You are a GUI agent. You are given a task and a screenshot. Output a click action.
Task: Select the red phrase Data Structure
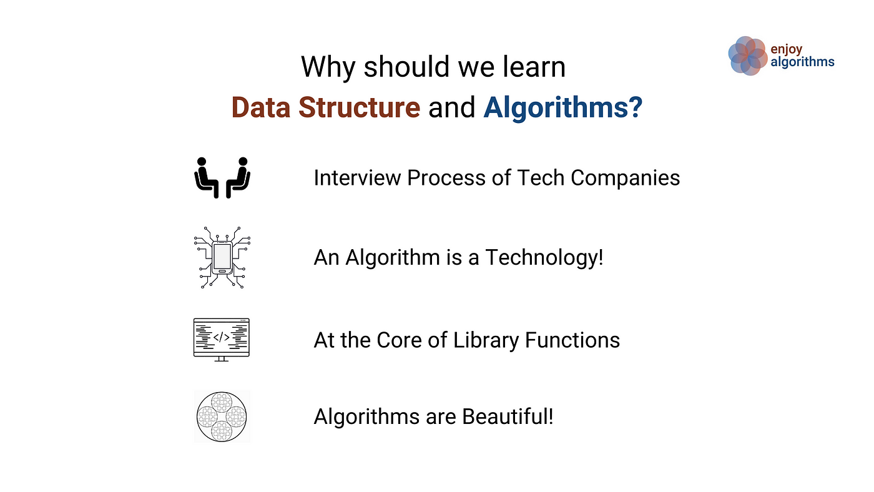click(326, 107)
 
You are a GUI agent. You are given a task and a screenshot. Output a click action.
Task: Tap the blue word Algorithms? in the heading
click(562, 109)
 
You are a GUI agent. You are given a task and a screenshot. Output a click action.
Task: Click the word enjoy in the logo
click(786, 49)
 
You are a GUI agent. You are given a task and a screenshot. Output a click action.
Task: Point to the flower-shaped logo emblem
click(748, 56)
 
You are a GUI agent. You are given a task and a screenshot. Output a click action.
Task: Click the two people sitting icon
click(222, 177)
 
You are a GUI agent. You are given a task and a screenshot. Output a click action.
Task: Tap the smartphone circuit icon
click(222, 257)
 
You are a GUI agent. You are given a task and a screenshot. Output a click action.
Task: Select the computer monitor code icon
click(221, 340)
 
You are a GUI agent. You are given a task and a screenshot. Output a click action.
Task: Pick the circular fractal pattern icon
click(222, 416)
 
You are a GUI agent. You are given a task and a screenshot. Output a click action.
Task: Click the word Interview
click(357, 178)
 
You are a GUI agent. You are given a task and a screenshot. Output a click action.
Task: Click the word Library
click(486, 341)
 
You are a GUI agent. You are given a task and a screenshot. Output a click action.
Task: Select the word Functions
click(572, 340)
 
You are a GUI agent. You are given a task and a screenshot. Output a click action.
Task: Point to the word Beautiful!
click(508, 416)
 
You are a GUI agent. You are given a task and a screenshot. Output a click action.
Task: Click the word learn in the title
click(534, 67)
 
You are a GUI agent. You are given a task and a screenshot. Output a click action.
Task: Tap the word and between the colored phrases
click(452, 107)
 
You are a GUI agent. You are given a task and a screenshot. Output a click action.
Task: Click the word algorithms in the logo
click(802, 62)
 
